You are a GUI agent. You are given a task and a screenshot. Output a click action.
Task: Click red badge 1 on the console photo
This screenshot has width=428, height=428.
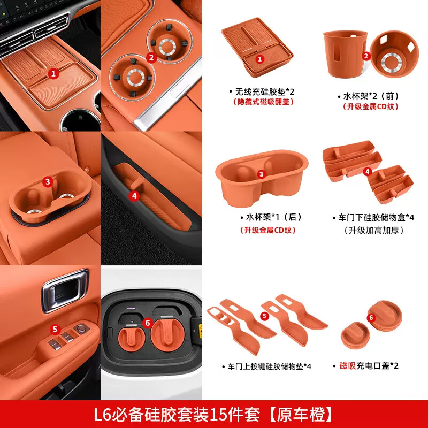pos(53,73)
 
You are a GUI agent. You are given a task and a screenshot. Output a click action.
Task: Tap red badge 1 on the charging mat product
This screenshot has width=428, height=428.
pos(259,59)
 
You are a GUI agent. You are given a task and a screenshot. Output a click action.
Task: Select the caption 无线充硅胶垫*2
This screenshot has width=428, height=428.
pos(261,91)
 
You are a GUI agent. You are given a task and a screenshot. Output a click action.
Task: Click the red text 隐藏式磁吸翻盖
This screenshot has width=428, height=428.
pos(261,102)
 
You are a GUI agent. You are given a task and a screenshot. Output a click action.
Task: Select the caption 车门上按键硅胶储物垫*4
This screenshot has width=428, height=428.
pos(267,366)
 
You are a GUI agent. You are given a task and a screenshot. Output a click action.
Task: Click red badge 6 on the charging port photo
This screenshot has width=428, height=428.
pos(149,323)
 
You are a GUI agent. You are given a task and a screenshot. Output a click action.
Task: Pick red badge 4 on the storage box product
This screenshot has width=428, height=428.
pos(367,172)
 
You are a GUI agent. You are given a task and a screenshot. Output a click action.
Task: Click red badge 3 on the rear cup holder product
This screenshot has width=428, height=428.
pos(261,174)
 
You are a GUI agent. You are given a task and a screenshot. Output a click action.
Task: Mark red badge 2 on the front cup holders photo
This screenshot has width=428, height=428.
pos(151,57)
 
